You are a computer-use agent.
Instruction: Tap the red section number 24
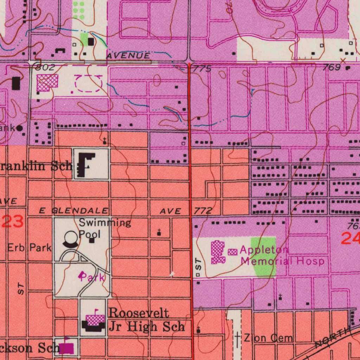350,239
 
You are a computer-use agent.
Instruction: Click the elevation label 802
45,67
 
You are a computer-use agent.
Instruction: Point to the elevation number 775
202,69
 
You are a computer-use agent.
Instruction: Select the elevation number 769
331,67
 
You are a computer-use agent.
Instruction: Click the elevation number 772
203,211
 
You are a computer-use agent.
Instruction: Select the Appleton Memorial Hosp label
281,256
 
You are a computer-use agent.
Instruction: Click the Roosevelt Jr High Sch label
146,320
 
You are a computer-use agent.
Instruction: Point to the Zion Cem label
269,338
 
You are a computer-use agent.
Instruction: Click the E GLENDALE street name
73,211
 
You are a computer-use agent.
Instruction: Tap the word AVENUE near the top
128,56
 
